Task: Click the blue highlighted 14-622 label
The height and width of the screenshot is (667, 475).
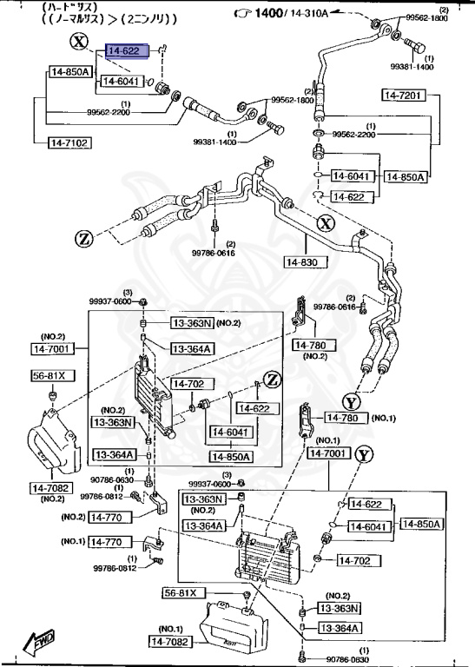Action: (x=128, y=52)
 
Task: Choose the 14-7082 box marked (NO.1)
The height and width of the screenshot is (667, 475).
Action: (x=174, y=642)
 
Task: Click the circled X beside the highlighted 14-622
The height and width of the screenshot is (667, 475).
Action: (x=80, y=43)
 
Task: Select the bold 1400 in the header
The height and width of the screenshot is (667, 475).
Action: (x=270, y=15)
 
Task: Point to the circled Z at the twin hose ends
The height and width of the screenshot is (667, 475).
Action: (x=83, y=238)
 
